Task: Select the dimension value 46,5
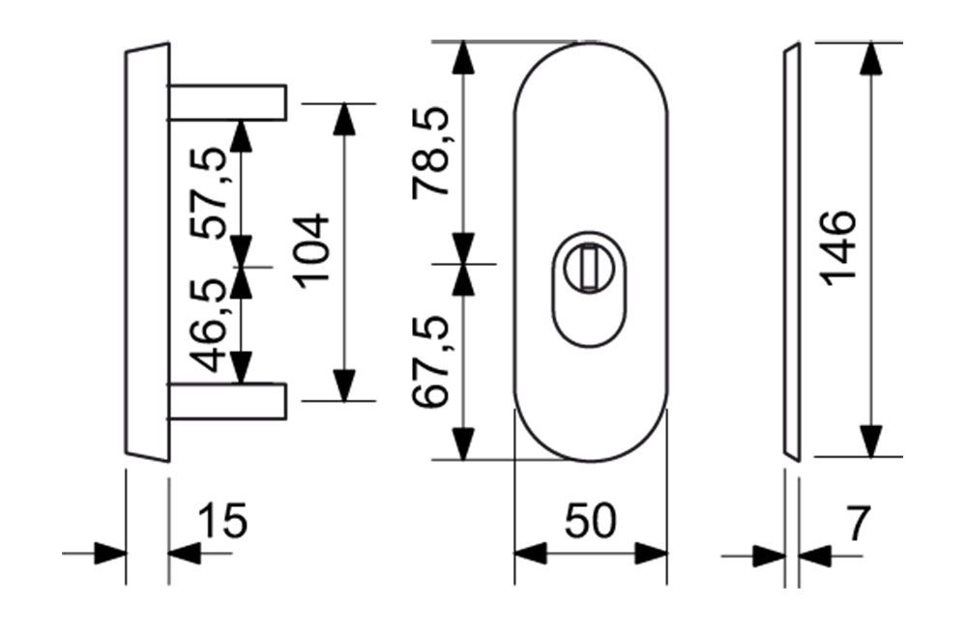point(210,324)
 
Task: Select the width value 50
point(589,523)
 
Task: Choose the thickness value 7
point(856,523)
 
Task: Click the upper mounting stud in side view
point(228,102)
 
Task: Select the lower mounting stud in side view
point(228,402)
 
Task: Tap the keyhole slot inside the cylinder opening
point(588,266)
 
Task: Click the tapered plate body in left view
point(147,251)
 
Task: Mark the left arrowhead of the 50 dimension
point(528,555)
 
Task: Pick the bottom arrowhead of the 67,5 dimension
point(465,444)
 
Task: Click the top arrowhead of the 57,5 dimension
point(241,135)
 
